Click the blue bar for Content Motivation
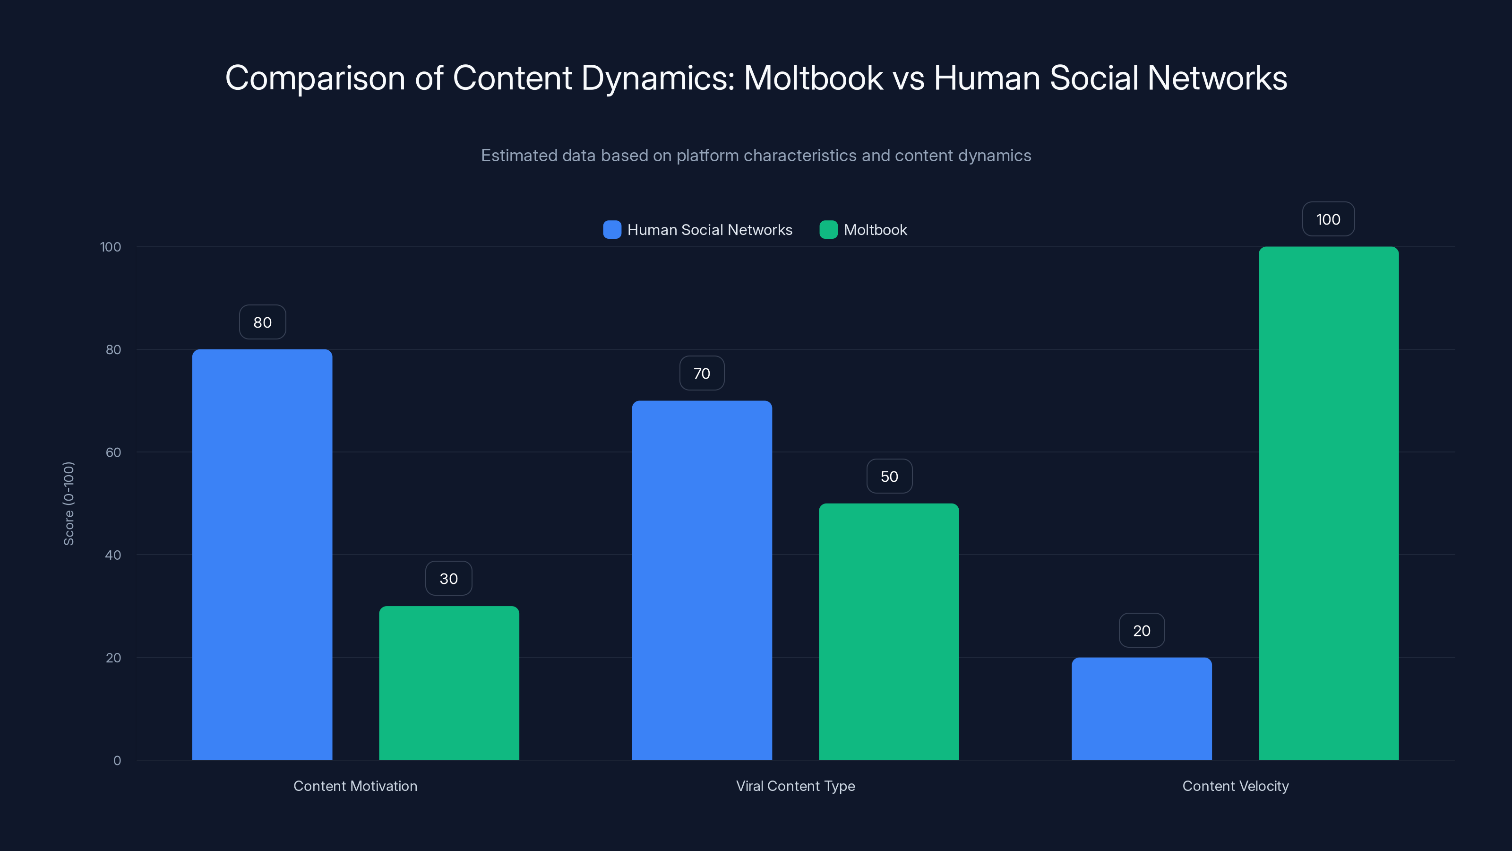coord(262,555)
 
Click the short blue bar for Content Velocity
coord(1142,708)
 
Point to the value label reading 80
coord(262,322)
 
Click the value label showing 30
coord(449,579)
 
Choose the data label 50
coord(889,476)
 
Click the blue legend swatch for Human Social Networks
coord(611,230)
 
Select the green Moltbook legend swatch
coord(828,230)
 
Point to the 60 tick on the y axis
coord(113,452)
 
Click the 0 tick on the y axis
coord(117,761)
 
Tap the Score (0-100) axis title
coord(69,504)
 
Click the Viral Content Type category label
coord(795,786)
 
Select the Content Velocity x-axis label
coord(1235,786)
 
